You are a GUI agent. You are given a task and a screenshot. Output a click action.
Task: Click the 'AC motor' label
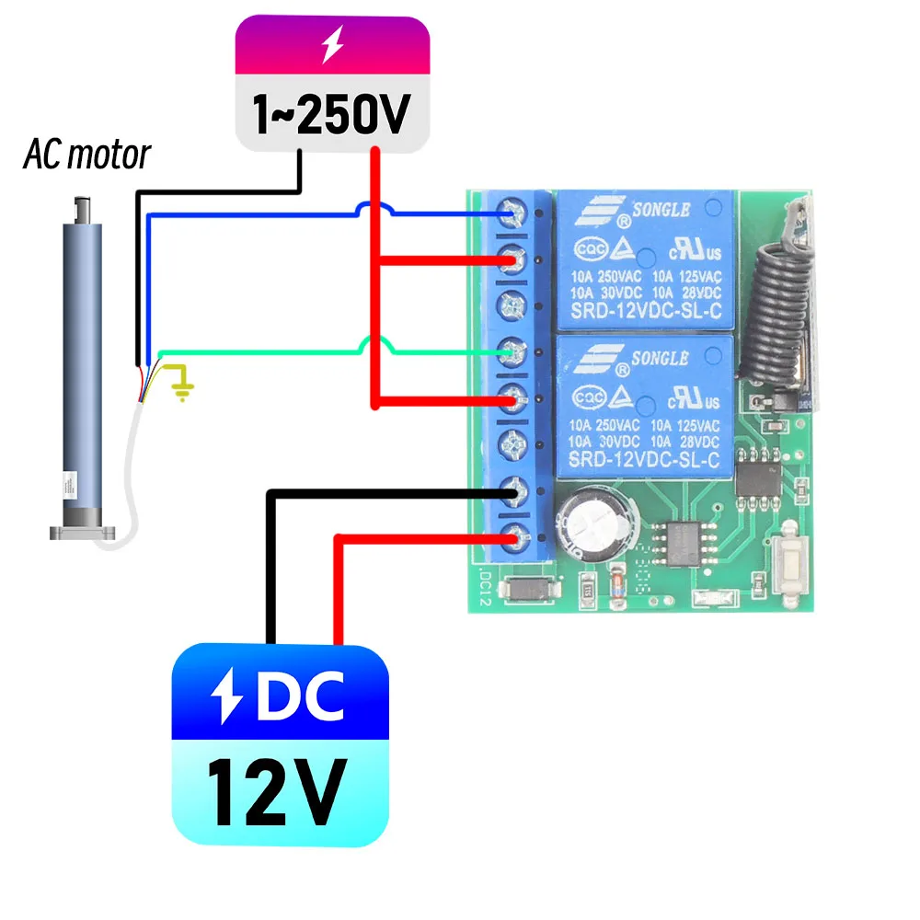[86, 155]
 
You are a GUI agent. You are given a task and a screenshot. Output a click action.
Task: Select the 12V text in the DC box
[273, 790]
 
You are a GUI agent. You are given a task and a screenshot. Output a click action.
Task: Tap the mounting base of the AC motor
[84, 532]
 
